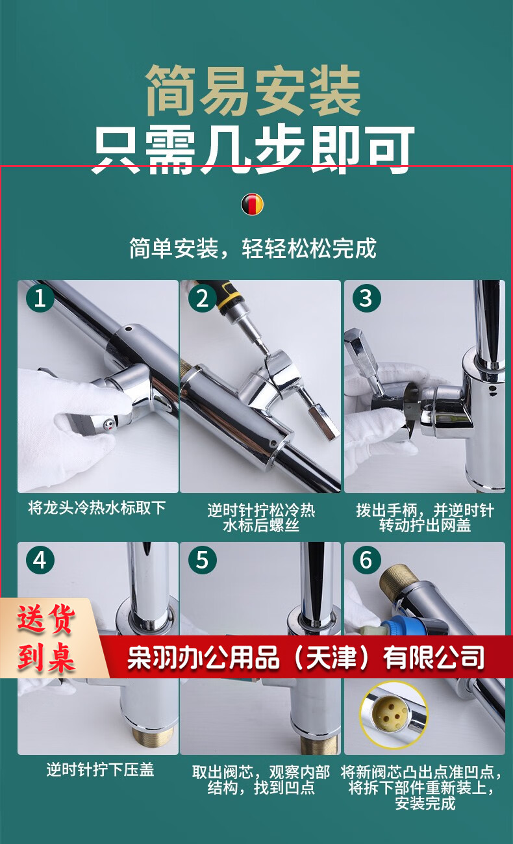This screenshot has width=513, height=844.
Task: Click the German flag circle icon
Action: (x=253, y=204)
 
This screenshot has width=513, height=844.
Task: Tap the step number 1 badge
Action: (x=40, y=298)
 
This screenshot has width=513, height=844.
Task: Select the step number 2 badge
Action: (x=203, y=298)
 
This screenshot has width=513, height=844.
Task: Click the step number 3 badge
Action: (x=366, y=298)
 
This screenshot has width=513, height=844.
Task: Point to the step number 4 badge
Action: (x=40, y=560)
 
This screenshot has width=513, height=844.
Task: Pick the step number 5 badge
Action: (x=203, y=560)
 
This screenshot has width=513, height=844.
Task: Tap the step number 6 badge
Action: (x=366, y=560)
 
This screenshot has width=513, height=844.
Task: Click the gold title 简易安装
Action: (x=253, y=90)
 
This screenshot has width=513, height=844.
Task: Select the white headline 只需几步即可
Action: (x=253, y=150)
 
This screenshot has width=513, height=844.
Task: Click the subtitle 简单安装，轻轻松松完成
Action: (x=253, y=248)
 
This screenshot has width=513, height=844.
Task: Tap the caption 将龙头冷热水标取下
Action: (x=97, y=508)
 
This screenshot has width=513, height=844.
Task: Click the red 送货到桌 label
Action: (x=46, y=639)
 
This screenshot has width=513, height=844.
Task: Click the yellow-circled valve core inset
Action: (x=394, y=715)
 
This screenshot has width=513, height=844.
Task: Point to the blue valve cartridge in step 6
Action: (x=399, y=622)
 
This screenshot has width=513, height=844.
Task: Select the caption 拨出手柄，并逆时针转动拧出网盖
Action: (x=425, y=518)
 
